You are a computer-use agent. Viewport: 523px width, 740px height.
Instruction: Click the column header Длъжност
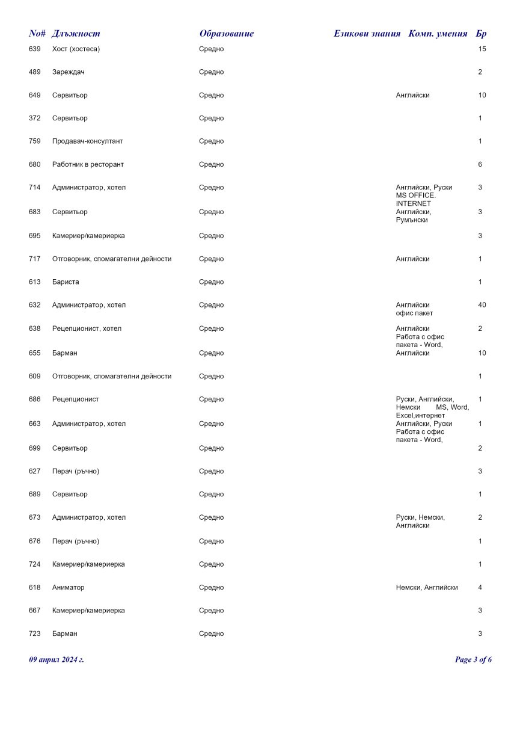[76, 34]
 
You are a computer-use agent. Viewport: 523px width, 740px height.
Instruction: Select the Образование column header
[227, 34]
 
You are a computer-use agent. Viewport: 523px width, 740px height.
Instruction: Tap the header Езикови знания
[367, 34]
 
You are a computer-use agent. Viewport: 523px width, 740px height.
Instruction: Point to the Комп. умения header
[438, 34]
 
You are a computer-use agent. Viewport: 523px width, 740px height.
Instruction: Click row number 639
[35, 49]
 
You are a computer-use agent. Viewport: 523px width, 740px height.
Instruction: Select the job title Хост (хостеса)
[76, 49]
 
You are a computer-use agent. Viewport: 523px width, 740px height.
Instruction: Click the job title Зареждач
[69, 72]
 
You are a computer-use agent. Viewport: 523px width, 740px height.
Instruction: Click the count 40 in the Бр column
[482, 305]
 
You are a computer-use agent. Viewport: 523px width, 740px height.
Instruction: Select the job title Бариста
[66, 282]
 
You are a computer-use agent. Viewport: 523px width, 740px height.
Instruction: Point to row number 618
[35, 588]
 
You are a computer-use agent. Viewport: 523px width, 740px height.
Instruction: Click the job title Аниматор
[69, 588]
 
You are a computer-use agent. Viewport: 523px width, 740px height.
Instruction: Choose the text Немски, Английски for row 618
[427, 588]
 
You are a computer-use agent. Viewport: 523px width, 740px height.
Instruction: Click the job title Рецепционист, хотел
[87, 328]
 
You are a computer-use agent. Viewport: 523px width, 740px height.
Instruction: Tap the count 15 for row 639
[482, 49]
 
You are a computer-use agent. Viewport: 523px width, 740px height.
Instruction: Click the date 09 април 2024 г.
[57, 660]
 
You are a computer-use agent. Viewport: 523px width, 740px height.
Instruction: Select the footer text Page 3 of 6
[474, 660]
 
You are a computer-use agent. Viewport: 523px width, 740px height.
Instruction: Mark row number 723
[35, 634]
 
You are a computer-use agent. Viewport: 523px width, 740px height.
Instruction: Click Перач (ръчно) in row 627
[76, 471]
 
